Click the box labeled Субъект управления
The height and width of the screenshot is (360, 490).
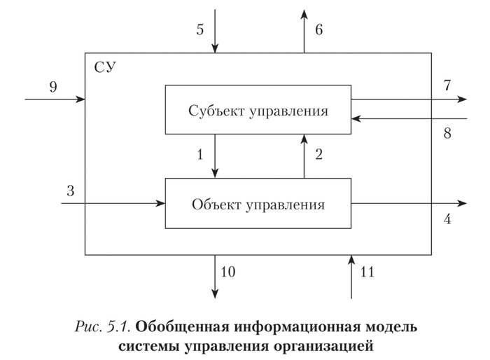point(258,109)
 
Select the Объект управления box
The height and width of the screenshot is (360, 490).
point(258,204)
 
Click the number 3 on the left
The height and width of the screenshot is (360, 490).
point(70,191)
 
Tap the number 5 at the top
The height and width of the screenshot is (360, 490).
point(199,30)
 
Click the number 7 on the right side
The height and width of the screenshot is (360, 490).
point(446,85)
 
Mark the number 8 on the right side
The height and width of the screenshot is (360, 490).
point(446,133)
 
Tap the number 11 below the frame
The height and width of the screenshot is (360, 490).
point(367,272)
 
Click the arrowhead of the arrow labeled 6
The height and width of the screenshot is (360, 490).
point(304,13)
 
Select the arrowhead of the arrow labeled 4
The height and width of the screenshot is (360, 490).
point(463,204)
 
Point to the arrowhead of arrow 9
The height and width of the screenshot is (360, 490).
point(81,99)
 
